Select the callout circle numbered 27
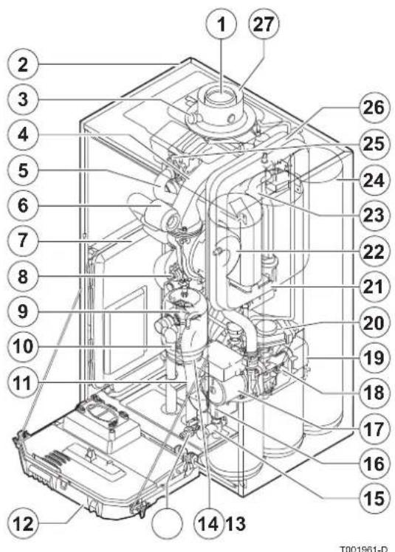pos(260,27)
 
